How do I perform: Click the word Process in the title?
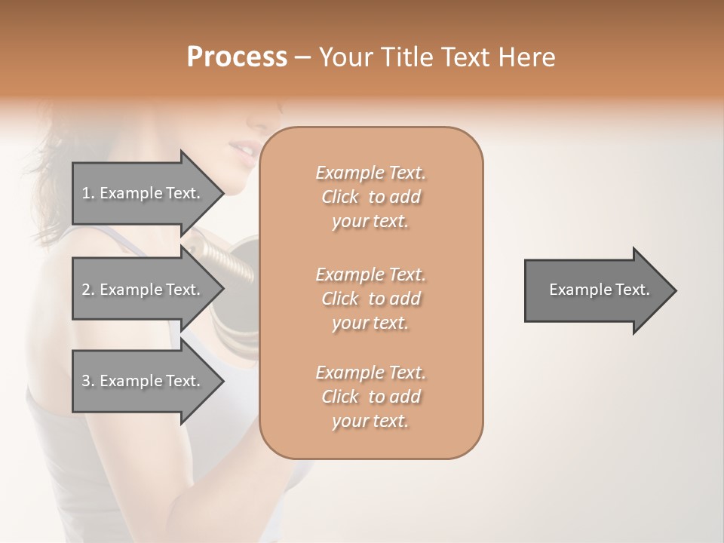[x=237, y=57]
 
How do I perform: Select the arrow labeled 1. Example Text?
[x=143, y=193]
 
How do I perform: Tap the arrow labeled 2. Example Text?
[x=143, y=290]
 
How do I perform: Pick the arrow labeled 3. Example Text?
[x=143, y=381]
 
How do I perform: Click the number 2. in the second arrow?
[x=87, y=290]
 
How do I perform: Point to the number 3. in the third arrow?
[x=87, y=381]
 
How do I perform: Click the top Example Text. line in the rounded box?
[x=370, y=173]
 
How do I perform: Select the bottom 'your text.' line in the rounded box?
[x=370, y=421]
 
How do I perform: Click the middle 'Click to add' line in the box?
[x=370, y=299]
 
